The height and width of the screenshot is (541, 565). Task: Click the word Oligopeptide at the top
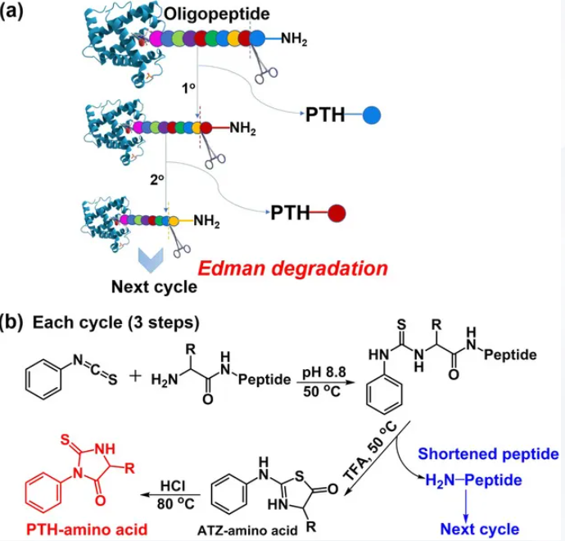216,14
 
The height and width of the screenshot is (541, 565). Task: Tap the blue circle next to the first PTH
372,115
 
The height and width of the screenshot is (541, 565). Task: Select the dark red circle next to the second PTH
337,213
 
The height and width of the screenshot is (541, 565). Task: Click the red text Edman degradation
292,268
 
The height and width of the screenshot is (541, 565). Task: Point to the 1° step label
188,88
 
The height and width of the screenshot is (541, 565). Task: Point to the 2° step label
156,179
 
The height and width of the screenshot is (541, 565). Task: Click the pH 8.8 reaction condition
324,372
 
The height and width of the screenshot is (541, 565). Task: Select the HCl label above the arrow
173,486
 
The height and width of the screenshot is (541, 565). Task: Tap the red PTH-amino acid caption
87,530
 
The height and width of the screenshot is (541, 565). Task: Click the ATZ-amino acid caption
247,530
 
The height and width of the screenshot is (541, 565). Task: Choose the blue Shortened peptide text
488,454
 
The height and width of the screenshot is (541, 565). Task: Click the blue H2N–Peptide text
473,480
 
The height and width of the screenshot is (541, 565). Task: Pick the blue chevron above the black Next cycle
151,259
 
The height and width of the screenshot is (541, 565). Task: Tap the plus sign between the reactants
135,376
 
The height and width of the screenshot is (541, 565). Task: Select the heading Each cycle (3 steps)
116,322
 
